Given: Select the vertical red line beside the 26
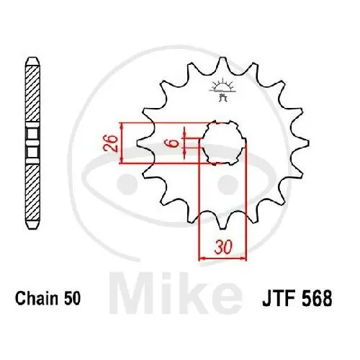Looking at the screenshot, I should coord(124,142).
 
